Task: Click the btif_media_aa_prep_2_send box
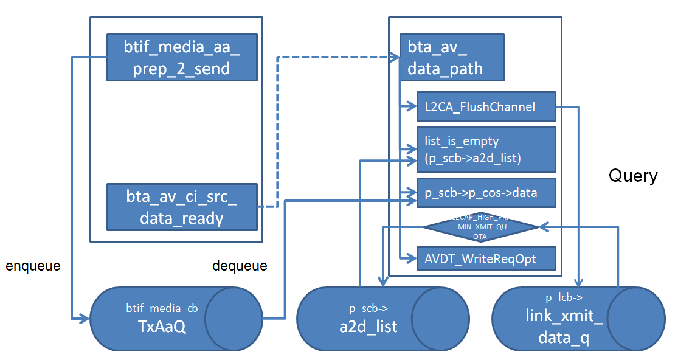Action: (182, 57)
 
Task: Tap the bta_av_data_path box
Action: (451, 57)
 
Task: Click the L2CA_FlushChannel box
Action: (486, 107)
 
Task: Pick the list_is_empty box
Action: (486, 149)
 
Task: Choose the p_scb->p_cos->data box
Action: (486, 193)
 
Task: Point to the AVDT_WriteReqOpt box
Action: (486, 259)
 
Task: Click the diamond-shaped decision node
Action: (480, 227)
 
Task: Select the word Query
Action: (633, 176)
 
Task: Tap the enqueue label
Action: (33, 266)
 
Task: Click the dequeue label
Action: (240, 266)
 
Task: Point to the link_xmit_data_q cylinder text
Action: (564, 326)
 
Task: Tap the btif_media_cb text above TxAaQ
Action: (153, 307)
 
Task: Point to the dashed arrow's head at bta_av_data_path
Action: (395, 57)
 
